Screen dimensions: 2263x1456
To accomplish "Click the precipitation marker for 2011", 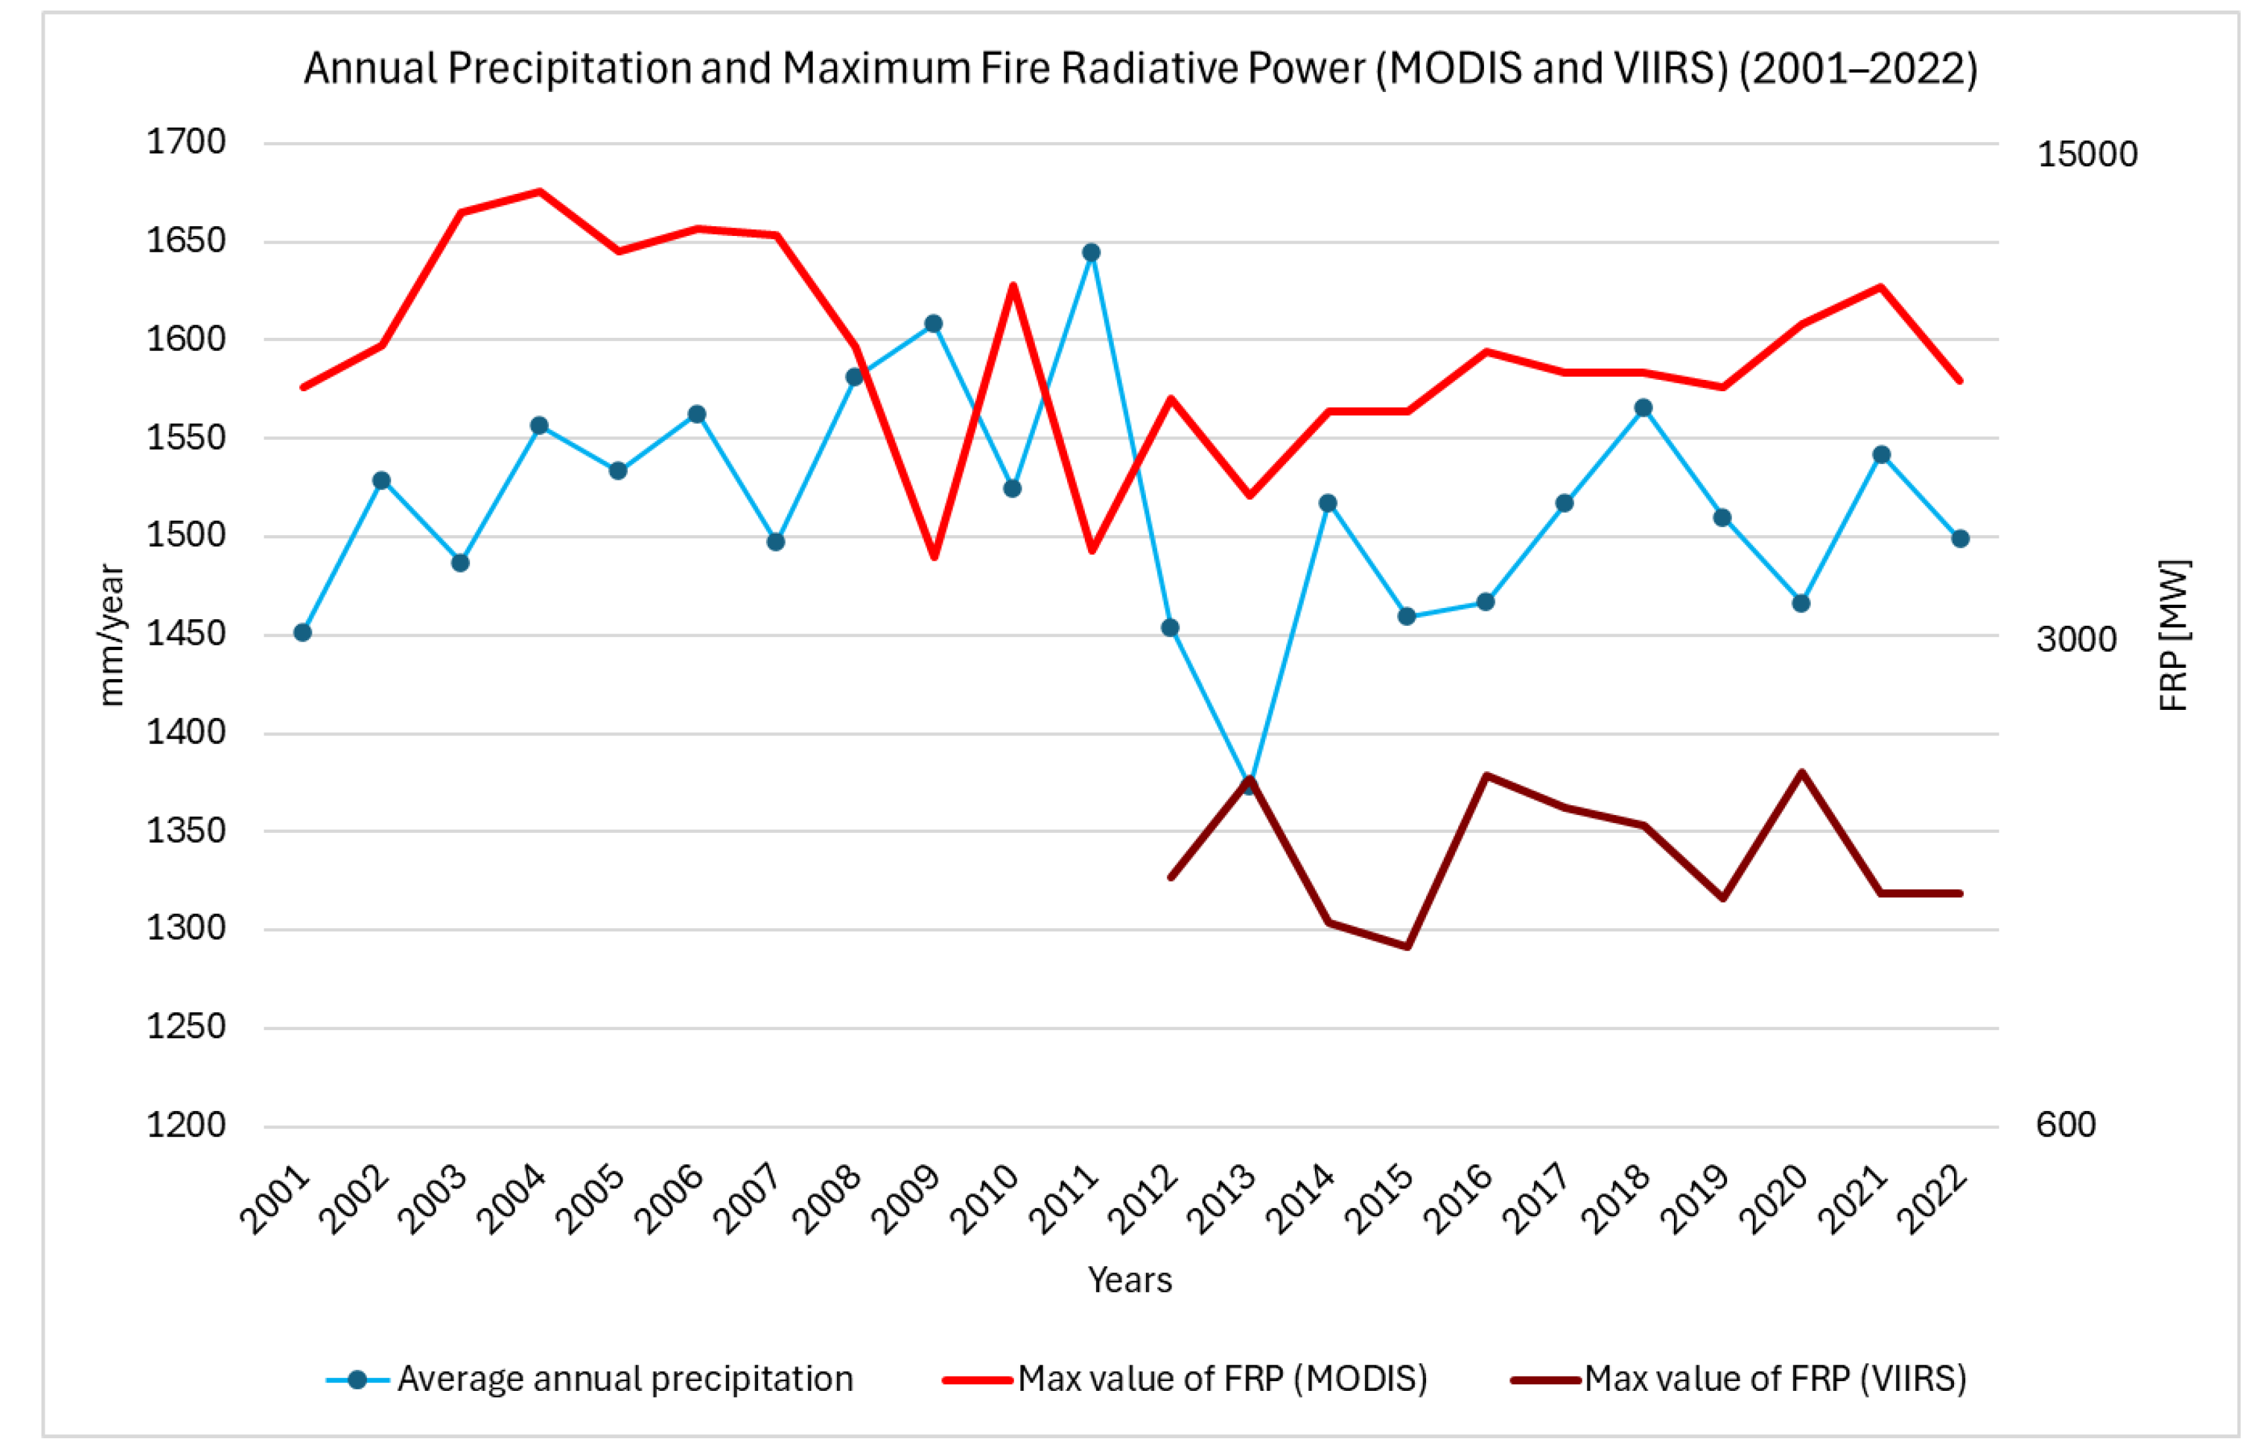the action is (x=1090, y=252).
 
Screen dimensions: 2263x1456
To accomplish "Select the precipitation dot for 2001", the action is (x=302, y=632).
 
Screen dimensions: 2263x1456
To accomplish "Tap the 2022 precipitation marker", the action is (x=1961, y=539).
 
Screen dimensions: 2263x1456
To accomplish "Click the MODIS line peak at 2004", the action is (x=539, y=191).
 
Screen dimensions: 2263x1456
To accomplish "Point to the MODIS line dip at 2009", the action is (x=934, y=557).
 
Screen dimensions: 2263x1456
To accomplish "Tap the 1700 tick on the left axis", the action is (x=186, y=142).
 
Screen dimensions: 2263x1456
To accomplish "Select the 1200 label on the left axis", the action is (x=186, y=1125).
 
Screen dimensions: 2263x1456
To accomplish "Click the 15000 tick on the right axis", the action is (x=2087, y=154).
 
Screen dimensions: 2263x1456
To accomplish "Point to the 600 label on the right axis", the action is (x=2066, y=1124).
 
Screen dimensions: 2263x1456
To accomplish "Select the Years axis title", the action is (x=1130, y=1280).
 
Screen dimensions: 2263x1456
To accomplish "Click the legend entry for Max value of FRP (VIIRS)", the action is (x=1738, y=1378).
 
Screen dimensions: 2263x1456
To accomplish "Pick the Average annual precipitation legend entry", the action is (x=589, y=1378).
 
